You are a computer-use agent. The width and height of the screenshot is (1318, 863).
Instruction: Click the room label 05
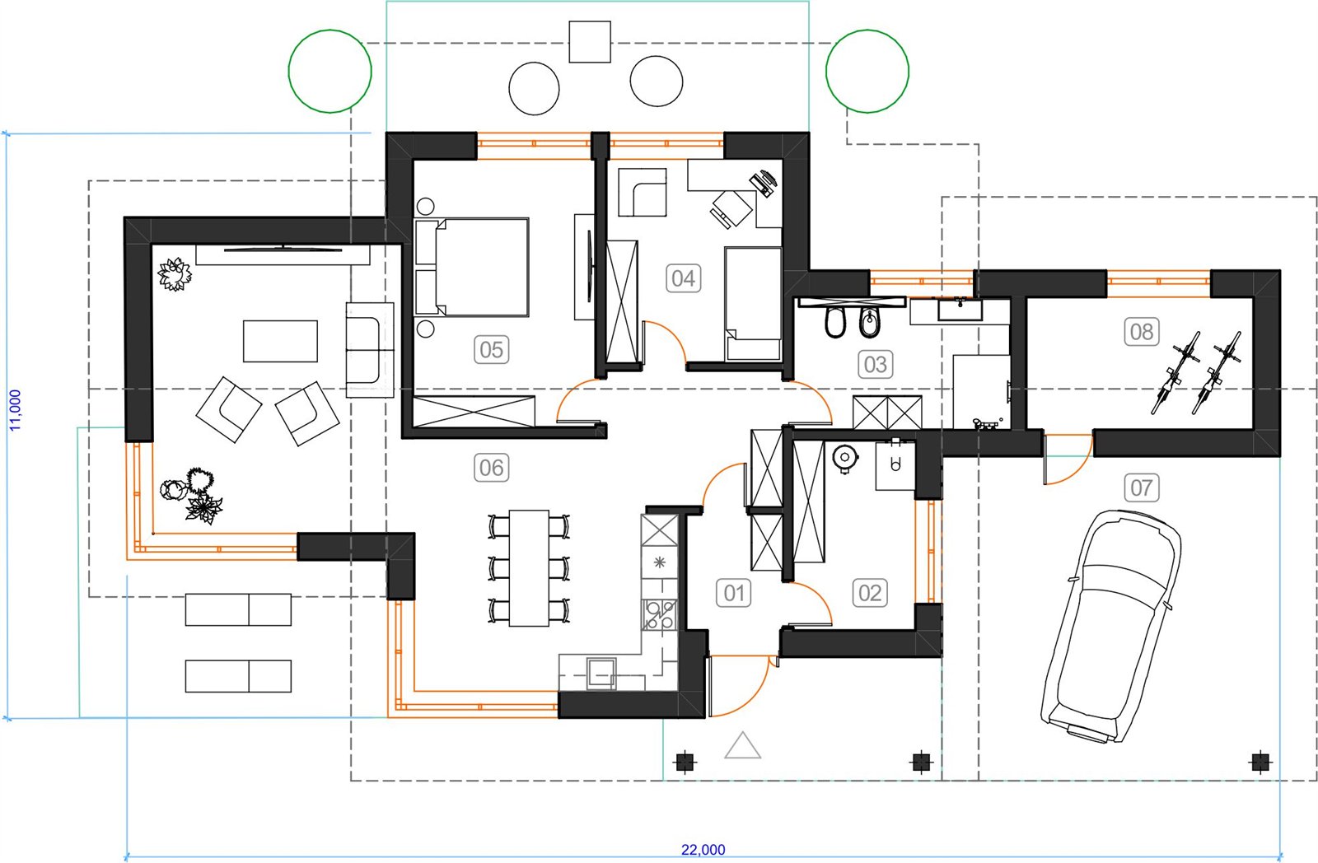[491, 349]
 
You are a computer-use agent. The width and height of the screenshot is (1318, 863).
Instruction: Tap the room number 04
[683, 278]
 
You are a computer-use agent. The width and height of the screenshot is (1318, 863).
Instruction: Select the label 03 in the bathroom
[876, 365]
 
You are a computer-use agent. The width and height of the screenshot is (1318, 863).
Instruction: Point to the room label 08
[1142, 332]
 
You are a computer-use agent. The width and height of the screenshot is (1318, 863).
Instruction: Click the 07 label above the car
[1142, 487]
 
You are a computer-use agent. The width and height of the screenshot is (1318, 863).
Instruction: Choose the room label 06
[491, 469]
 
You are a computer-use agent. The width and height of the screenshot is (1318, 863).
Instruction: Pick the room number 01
[734, 593]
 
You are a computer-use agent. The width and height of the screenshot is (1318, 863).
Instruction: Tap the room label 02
[870, 593]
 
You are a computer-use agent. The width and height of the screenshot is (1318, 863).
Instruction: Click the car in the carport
[1111, 627]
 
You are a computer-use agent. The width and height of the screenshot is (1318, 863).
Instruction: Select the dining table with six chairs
[529, 568]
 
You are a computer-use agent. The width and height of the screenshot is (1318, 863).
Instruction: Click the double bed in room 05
[472, 267]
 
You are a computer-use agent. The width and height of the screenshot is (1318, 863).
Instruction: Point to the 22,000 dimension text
[703, 850]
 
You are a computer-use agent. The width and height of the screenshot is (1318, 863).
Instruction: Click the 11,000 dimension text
[16, 410]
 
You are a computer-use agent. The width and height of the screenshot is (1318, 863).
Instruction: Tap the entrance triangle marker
[742, 745]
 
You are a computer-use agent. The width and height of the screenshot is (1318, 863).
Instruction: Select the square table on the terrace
[590, 42]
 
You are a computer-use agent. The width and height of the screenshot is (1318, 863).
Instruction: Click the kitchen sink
[601, 673]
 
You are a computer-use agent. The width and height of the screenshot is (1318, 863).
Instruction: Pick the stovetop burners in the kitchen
[659, 615]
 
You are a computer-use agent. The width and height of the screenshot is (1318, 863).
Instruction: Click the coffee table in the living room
[280, 341]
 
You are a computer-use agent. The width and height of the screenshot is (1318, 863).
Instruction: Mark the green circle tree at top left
[330, 71]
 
